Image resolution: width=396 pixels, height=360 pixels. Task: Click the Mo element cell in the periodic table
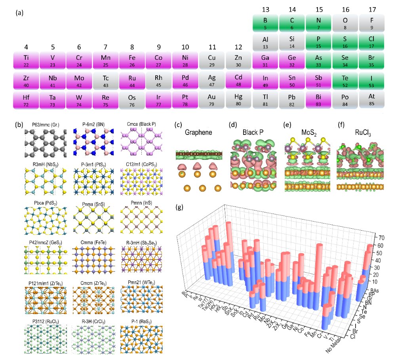pyautogui.click(x=79, y=80)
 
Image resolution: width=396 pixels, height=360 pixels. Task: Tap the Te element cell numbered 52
pyautogui.click(x=345, y=80)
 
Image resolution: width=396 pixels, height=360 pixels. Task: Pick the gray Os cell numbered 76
pyautogui.click(x=132, y=99)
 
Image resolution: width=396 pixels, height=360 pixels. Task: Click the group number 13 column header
pyautogui.click(x=265, y=9)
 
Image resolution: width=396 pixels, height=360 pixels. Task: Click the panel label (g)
pyautogui.click(x=180, y=207)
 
